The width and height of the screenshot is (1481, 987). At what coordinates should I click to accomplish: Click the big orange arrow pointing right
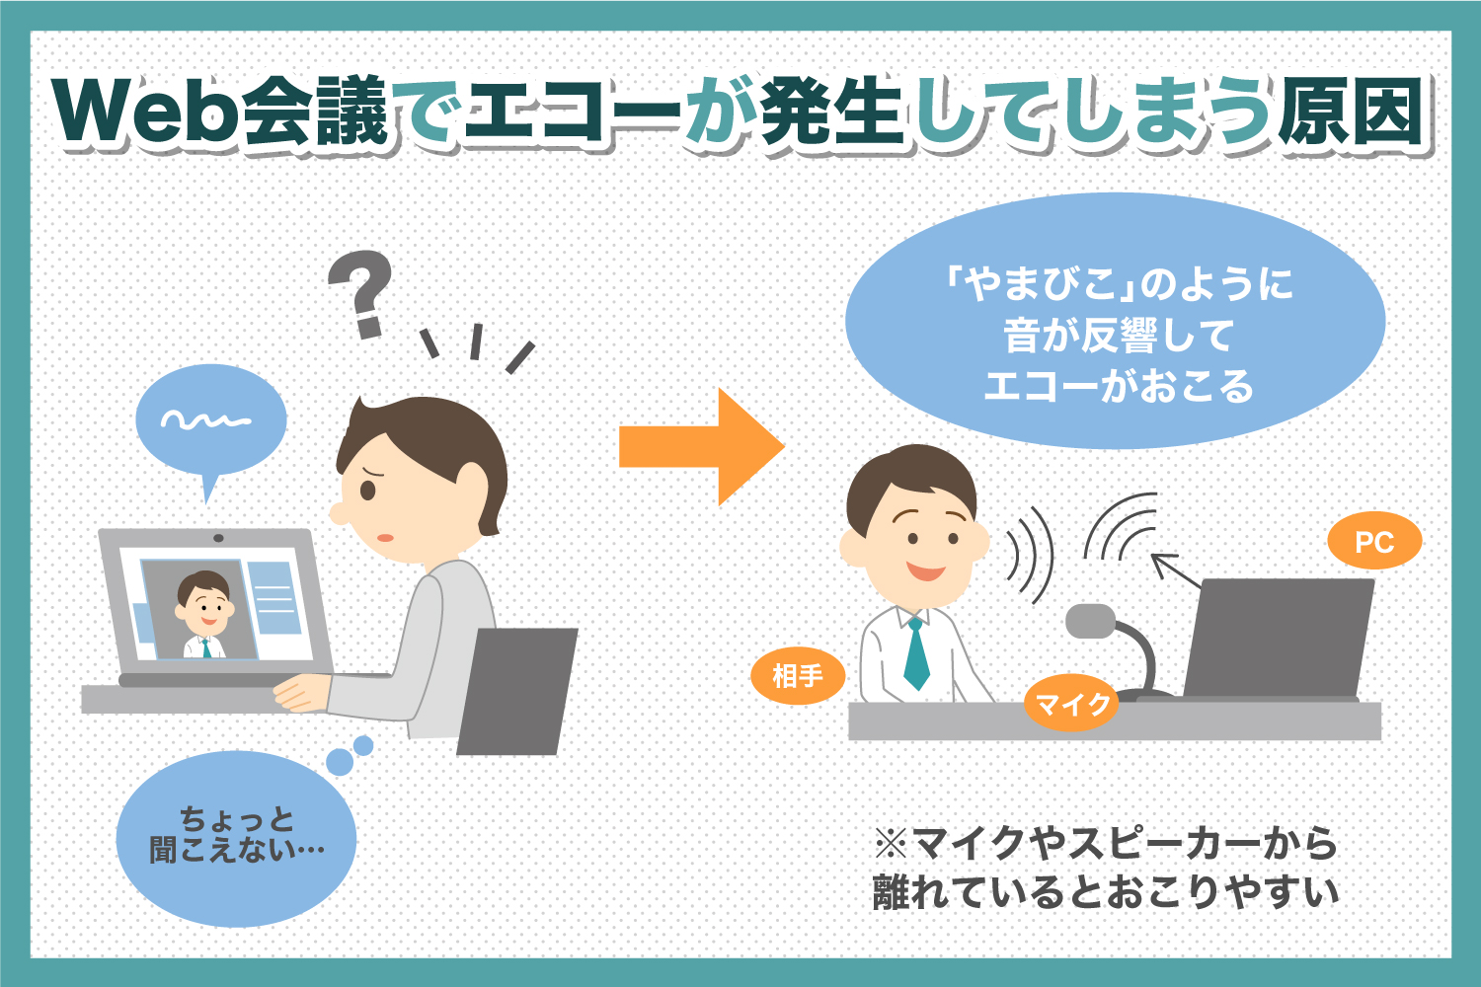pos(701,447)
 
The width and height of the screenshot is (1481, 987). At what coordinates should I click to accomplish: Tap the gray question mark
pos(361,294)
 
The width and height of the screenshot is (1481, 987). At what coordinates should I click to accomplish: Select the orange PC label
pos(1374,542)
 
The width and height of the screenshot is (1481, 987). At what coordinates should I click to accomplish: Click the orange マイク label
pos(1071,704)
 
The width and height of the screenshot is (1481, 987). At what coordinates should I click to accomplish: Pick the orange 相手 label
pos(798,676)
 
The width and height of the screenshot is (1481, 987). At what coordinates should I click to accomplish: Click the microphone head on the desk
pos(1091,621)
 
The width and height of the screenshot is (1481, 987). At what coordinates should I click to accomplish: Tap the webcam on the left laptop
pos(218,538)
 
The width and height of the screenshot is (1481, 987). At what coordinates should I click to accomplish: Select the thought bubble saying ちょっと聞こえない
pos(236,838)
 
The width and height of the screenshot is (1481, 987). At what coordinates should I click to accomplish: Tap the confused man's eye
pos(367,490)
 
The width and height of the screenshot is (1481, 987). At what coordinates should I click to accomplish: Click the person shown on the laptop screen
pos(204,614)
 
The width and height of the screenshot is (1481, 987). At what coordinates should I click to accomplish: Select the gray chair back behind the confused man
pos(517,692)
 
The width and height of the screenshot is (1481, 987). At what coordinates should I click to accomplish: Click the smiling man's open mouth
pos(926,571)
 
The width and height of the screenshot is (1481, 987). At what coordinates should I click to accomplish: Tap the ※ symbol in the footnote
pos(891,844)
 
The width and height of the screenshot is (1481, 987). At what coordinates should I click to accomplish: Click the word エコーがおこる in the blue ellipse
pos(1119,386)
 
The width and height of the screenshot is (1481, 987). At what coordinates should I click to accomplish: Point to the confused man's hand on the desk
pos(301,693)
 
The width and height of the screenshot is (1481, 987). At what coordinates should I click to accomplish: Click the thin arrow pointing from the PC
pos(1176,570)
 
